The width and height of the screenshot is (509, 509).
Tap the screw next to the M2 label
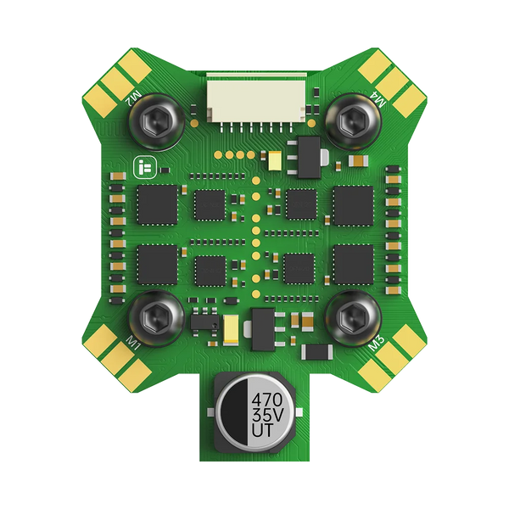pyautogui.click(x=155, y=124)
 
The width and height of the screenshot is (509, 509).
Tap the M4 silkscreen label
pyautogui.click(x=376, y=102)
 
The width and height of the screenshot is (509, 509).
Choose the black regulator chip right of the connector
pyautogui.click(x=306, y=158)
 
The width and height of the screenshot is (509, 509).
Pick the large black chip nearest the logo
pyautogui.click(x=157, y=203)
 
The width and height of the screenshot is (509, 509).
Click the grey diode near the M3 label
pyautogui.click(x=316, y=350)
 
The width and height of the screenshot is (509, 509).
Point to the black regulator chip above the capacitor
pyautogui.click(x=264, y=325)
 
